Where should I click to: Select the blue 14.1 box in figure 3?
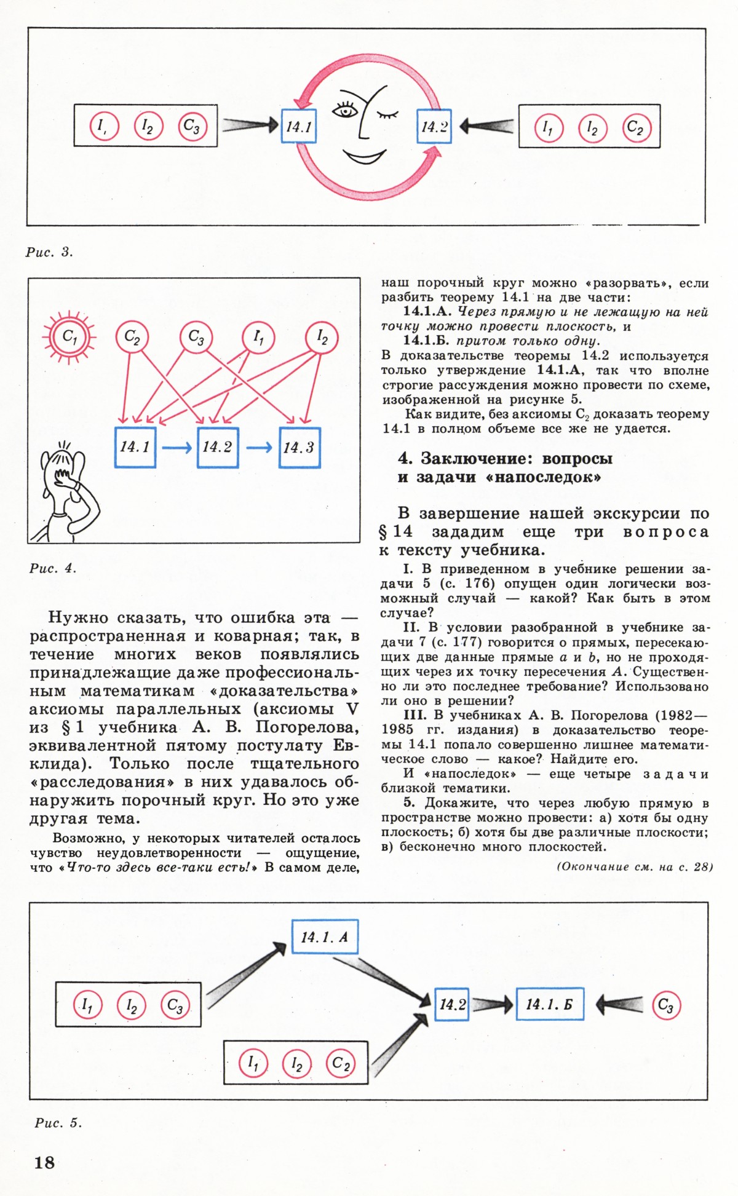point(299,126)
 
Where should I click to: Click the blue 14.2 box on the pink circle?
point(434,127)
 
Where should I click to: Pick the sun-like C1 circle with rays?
point(69,336)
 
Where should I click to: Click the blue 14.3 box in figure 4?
point(300,448)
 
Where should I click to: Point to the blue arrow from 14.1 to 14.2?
point(177,448)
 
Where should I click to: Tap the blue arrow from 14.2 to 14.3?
point(259,448)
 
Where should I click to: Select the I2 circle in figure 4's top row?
point(322,338)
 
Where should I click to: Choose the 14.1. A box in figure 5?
point(325,937)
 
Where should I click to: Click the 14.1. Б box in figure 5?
point(549,1004)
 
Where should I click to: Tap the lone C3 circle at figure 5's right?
point(666,1005)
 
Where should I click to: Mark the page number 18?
point(44,1162)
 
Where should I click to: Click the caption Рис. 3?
point(50,252)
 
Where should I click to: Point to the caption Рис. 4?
point(53,569)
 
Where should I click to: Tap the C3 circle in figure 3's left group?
point(192,126)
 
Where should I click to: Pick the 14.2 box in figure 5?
point(452,1004)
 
